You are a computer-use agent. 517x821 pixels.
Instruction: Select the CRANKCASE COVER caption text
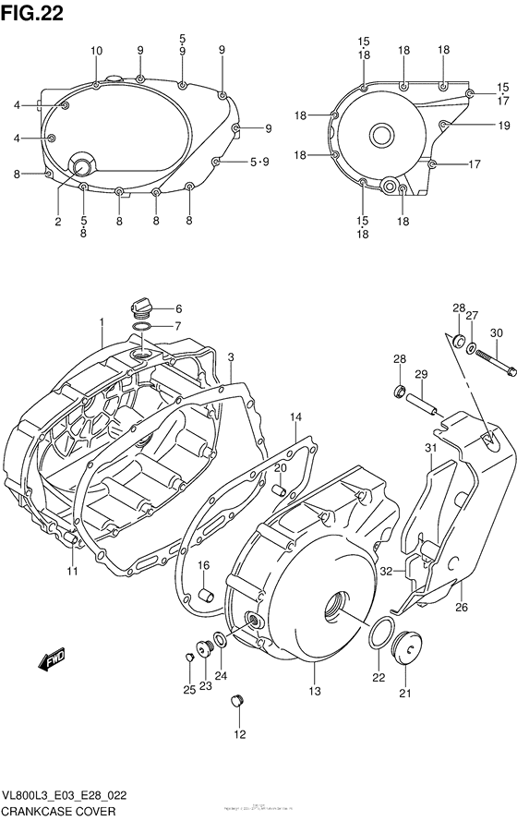pyautogui.click(x=59, y=811)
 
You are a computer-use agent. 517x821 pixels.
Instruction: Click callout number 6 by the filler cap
pyautogui.click(x=178, y=309)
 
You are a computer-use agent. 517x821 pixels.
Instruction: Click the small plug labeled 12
pyautogui.click(x=237, y=706)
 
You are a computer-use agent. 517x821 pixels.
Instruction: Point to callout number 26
pyautogui.click(x=463, y=607)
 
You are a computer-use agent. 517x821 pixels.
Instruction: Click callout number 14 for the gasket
pyautogui.click(x=295, y=418)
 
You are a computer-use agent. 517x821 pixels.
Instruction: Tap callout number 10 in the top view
pyautogui.click(x=97, y=50)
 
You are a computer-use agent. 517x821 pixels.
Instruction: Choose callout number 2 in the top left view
pyautogui.click(x=57, y=221)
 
